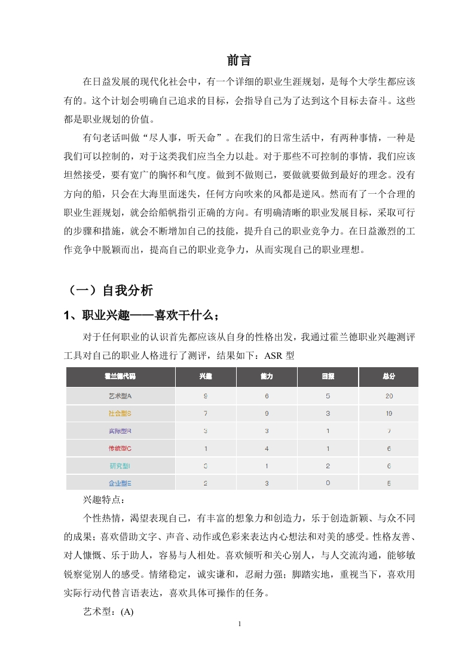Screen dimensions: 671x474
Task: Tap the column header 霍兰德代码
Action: [120, 377]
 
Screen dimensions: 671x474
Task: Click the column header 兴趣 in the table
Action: [206, 377]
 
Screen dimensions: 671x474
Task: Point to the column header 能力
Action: [267, 377]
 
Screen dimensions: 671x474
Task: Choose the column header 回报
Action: [328, 377]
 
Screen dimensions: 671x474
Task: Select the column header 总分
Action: [389, 377]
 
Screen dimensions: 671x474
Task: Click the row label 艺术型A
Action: [120, 396]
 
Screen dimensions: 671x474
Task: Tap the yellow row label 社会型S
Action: [120, 413]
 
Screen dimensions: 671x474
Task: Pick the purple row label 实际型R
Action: [120, 431]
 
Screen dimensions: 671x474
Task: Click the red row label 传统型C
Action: [120, 449]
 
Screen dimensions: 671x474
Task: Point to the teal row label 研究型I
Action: [120, 466]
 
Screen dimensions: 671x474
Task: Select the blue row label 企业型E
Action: [120, 483]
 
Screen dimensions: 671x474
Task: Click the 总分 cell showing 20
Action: [389, 396]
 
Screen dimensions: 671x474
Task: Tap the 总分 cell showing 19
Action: [389, 413]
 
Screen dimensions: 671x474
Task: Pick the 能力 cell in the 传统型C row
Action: [267, 449]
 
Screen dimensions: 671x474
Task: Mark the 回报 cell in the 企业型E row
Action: [328, 483]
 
